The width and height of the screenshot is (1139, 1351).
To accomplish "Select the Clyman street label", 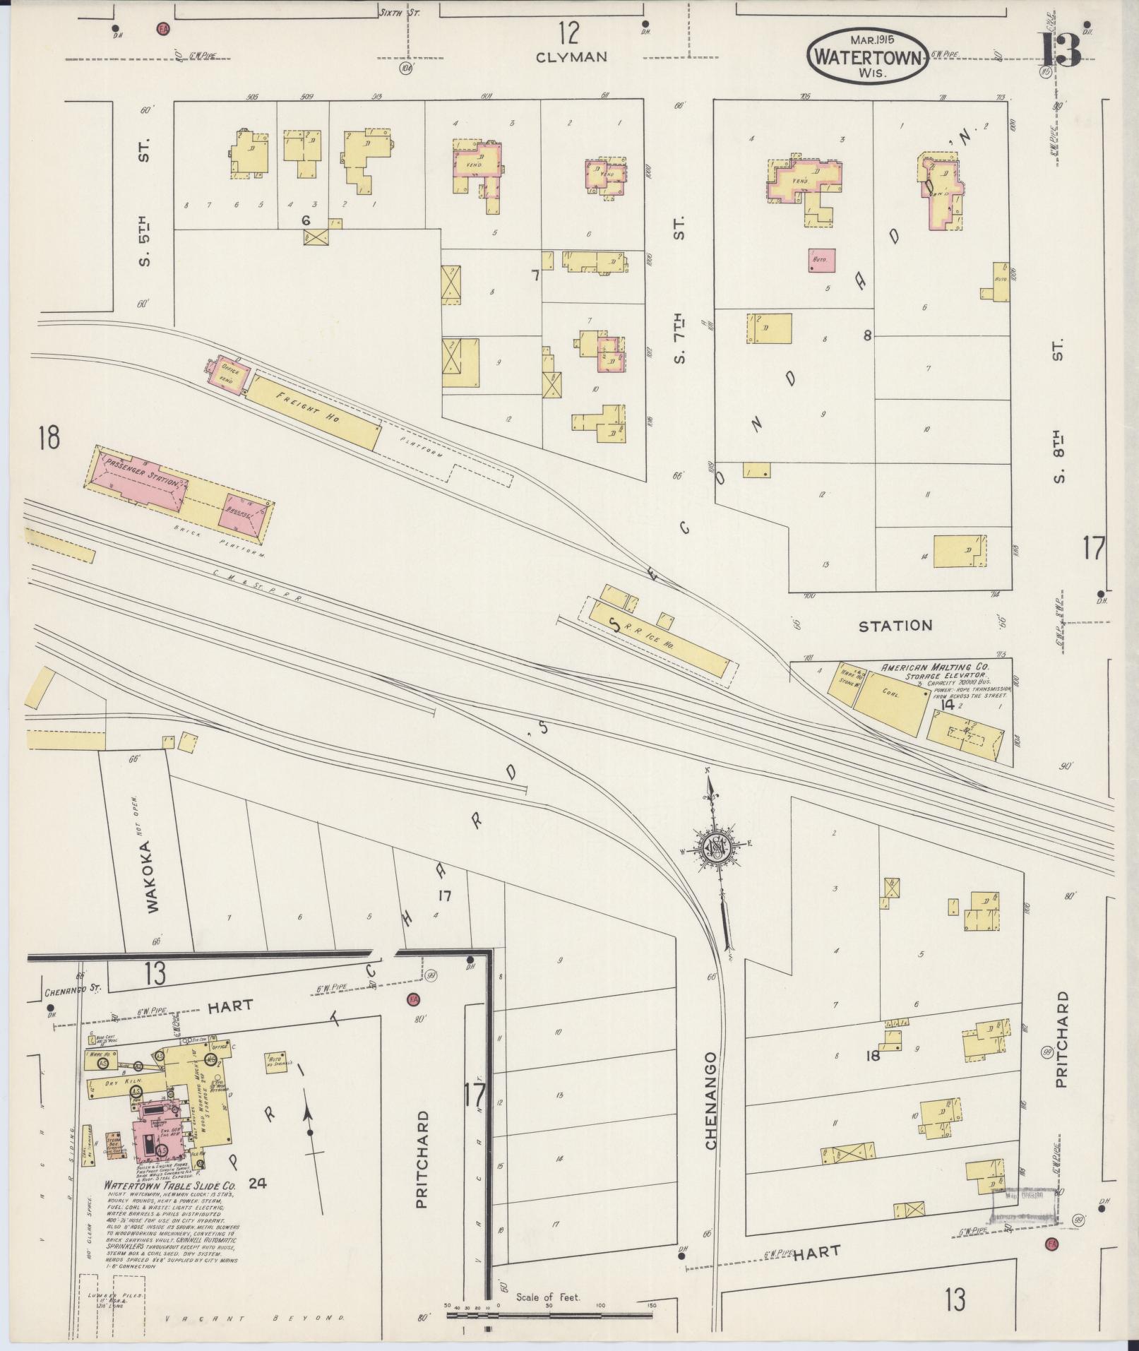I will pyautogui.click(x=571, y=57).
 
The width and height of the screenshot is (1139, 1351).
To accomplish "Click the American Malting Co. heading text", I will pyautogui.click(x=934, y=667).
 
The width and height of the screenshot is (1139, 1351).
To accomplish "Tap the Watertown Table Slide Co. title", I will pyautogui.click(x=169, y=1185).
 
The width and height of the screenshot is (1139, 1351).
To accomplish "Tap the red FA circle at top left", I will pyautogui.click(x=164, y=29).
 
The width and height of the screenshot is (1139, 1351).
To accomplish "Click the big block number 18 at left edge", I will pyautogui.click(x=49, y=439).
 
